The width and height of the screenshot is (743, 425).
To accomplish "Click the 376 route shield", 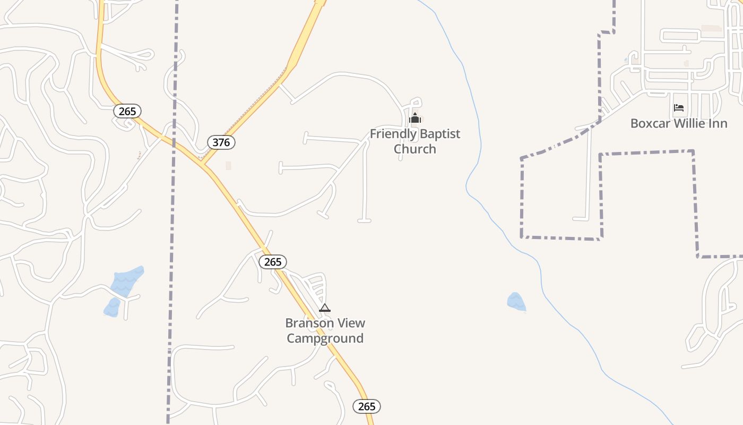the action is coord(221,142).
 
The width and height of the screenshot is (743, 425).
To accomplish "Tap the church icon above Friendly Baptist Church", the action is coord(415,118).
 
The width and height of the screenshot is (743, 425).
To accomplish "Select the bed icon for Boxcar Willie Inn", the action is coord(679,108).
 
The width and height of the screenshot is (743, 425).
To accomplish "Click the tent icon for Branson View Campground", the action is coord(325,308).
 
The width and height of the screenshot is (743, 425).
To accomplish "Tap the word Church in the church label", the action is coord(415,149).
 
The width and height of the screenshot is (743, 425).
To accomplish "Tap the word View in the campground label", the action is coord(352,323).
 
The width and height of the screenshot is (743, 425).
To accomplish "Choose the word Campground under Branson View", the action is coord(325,338).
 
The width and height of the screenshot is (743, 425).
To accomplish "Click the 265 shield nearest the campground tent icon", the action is coord(273,262).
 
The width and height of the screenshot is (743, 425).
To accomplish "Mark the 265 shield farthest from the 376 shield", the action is coord(367,406).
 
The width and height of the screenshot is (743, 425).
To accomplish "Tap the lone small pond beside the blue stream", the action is coord(516,302).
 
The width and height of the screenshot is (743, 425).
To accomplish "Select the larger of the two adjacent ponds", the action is coord(127,281).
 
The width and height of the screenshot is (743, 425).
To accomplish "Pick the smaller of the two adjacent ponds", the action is coord(112,308).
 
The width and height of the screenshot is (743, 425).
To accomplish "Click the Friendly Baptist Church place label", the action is coord(415,141).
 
